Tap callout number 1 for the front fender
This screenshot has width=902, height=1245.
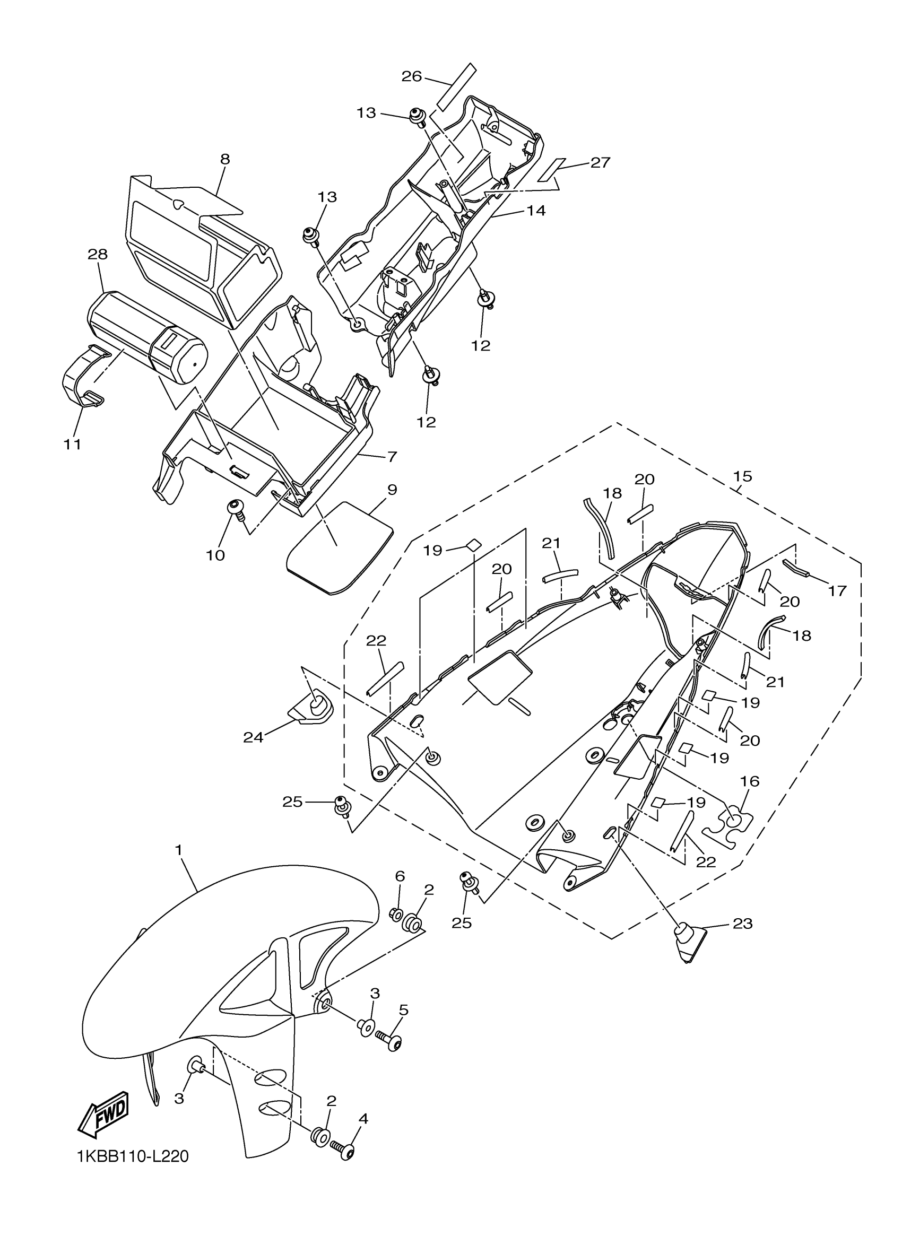pos(178,849)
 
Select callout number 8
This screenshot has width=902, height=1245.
pos(225,159)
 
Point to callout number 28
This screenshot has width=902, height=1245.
pos(98,254)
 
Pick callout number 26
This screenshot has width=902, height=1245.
pos(411,76)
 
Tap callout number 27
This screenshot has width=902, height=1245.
pos(600,162)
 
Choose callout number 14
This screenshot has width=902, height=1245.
pos(536,210)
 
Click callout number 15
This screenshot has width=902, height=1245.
pos(742,476)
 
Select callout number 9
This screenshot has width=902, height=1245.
pos(392,490)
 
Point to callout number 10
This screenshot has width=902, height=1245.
pos(216,555)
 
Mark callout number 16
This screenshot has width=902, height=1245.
pos(750,781)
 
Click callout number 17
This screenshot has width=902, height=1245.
pos(838,591)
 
